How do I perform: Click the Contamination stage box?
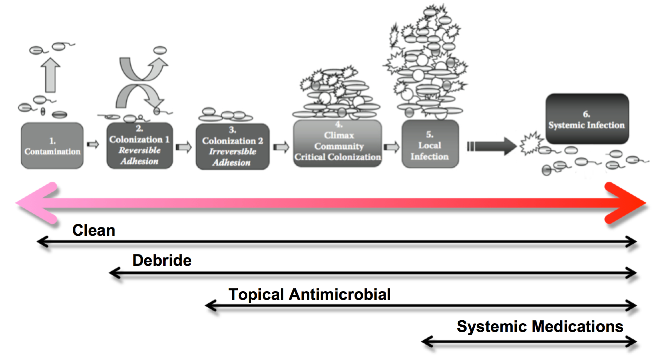pos(52,146)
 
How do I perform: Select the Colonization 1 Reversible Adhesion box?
pos(140,146)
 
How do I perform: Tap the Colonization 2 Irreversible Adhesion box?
pos(232,147)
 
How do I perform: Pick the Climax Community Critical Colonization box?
pos(338,144)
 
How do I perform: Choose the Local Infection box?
pos(430,144)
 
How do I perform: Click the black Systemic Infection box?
pos(587,119)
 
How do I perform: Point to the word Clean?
pos(94,230)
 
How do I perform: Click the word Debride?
pos(162,260)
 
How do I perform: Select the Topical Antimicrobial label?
pos(309,295)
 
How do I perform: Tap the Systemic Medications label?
pos(540,326)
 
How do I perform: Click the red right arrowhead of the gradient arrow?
pos(628,203)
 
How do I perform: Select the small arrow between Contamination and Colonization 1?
pos(93,145)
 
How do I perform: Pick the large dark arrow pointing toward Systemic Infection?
pos(492,146)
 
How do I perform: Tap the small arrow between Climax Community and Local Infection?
pos(391,147)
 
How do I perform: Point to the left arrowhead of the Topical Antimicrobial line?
pos(210,305)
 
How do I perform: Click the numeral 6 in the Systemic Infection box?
pos(586,114)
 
